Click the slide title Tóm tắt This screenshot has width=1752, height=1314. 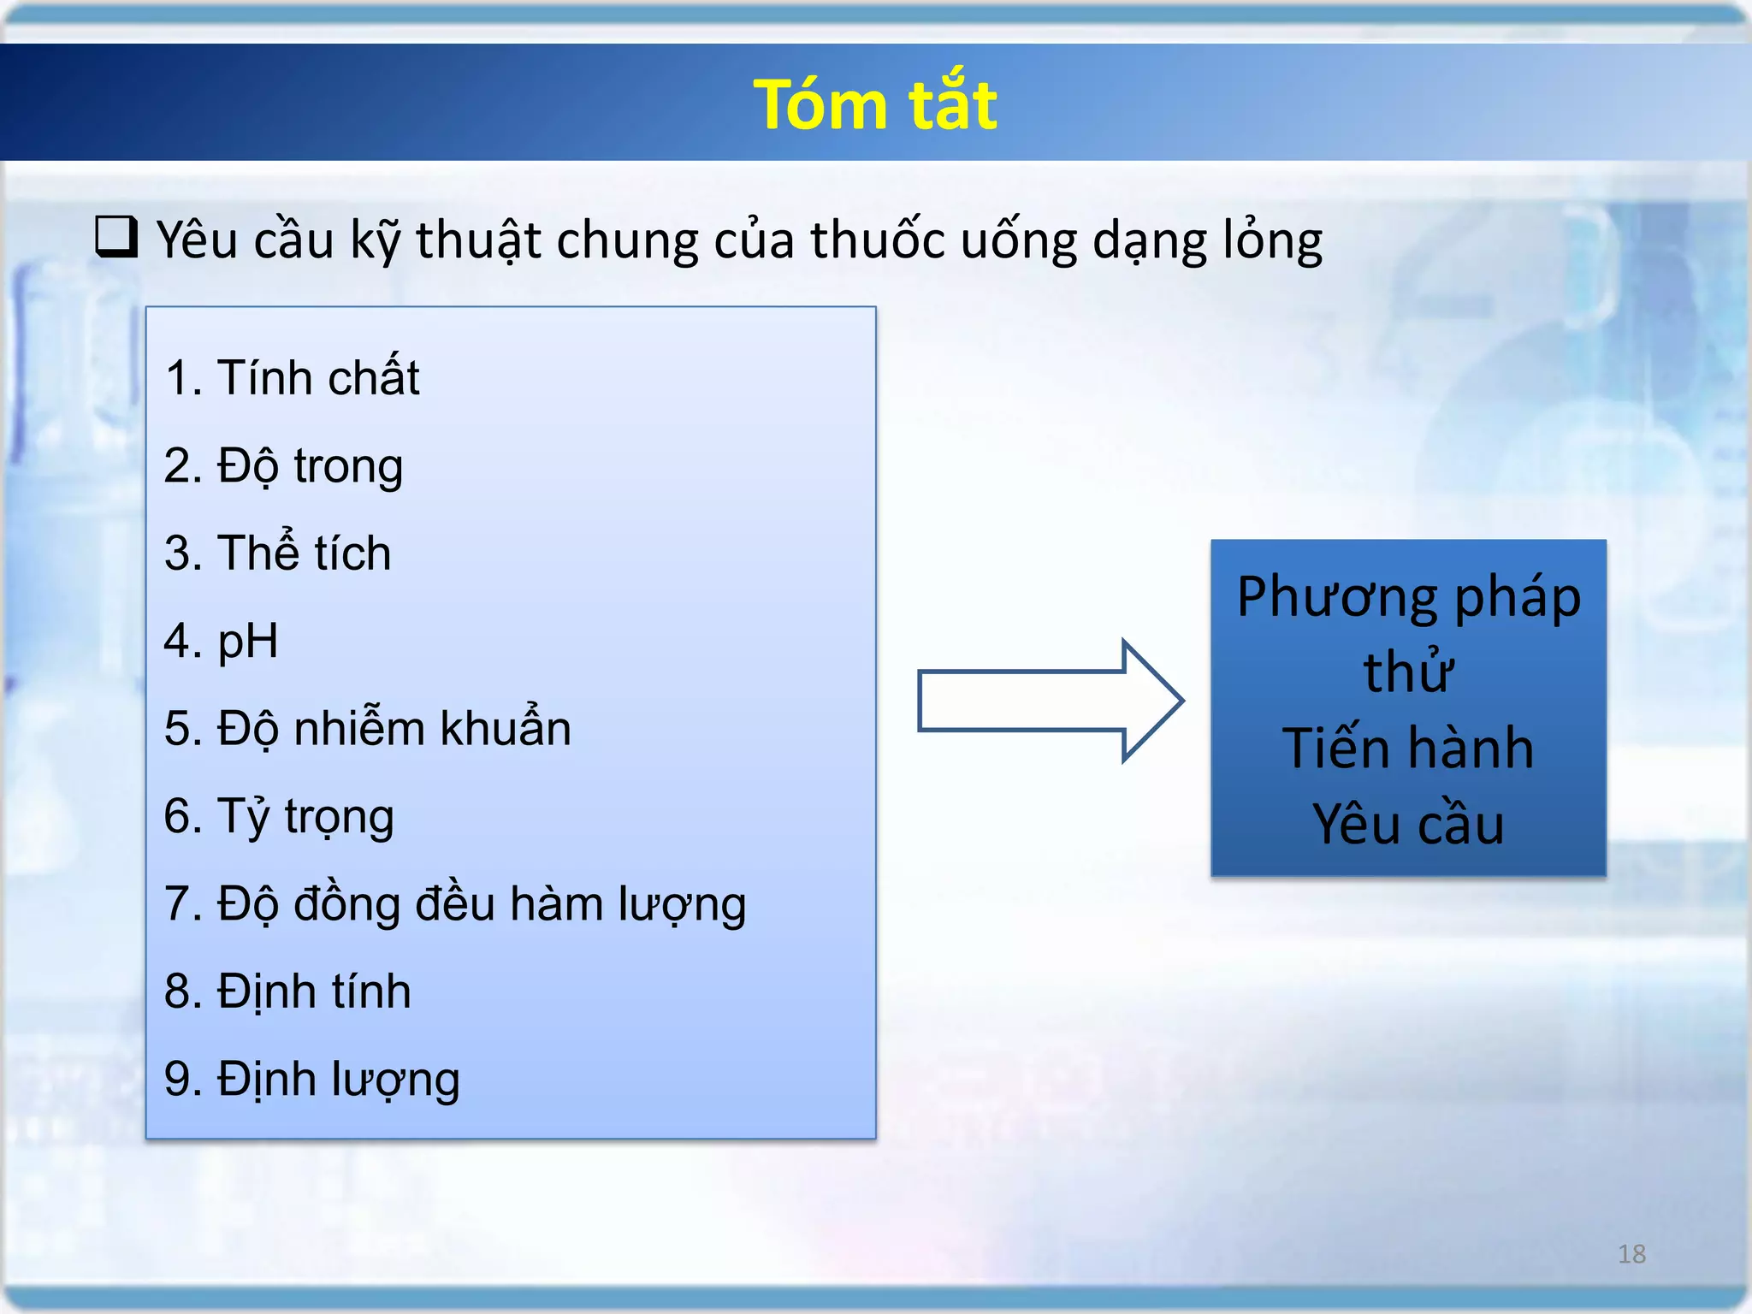[x=874, y=104]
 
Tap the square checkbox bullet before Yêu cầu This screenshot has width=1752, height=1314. [x=115, y=237]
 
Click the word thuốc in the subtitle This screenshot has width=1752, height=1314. [x=877, y=240]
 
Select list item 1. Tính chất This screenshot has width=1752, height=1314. [x=292, y=377]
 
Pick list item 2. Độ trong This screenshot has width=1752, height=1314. [x=283, y=466]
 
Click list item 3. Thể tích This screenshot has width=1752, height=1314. [x=277, y=553]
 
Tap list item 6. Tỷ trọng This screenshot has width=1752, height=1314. [x=279, y=816]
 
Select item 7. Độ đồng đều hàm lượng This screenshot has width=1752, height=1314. [x=454, y=904]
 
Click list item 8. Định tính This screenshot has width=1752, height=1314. [x=287, y=991]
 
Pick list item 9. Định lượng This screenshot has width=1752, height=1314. [x=311, y=1079]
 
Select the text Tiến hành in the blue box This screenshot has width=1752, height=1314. [x=1408, y=748]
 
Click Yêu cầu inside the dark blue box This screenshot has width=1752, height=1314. [x=1408, y=824]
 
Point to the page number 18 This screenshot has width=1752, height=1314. [x=1631, y=1254]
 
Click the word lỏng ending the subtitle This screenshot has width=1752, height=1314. [x=1272, y=240]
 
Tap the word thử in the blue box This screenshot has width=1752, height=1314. [x=1408, y=672]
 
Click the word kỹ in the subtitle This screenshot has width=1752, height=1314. [x=376, y=240]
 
